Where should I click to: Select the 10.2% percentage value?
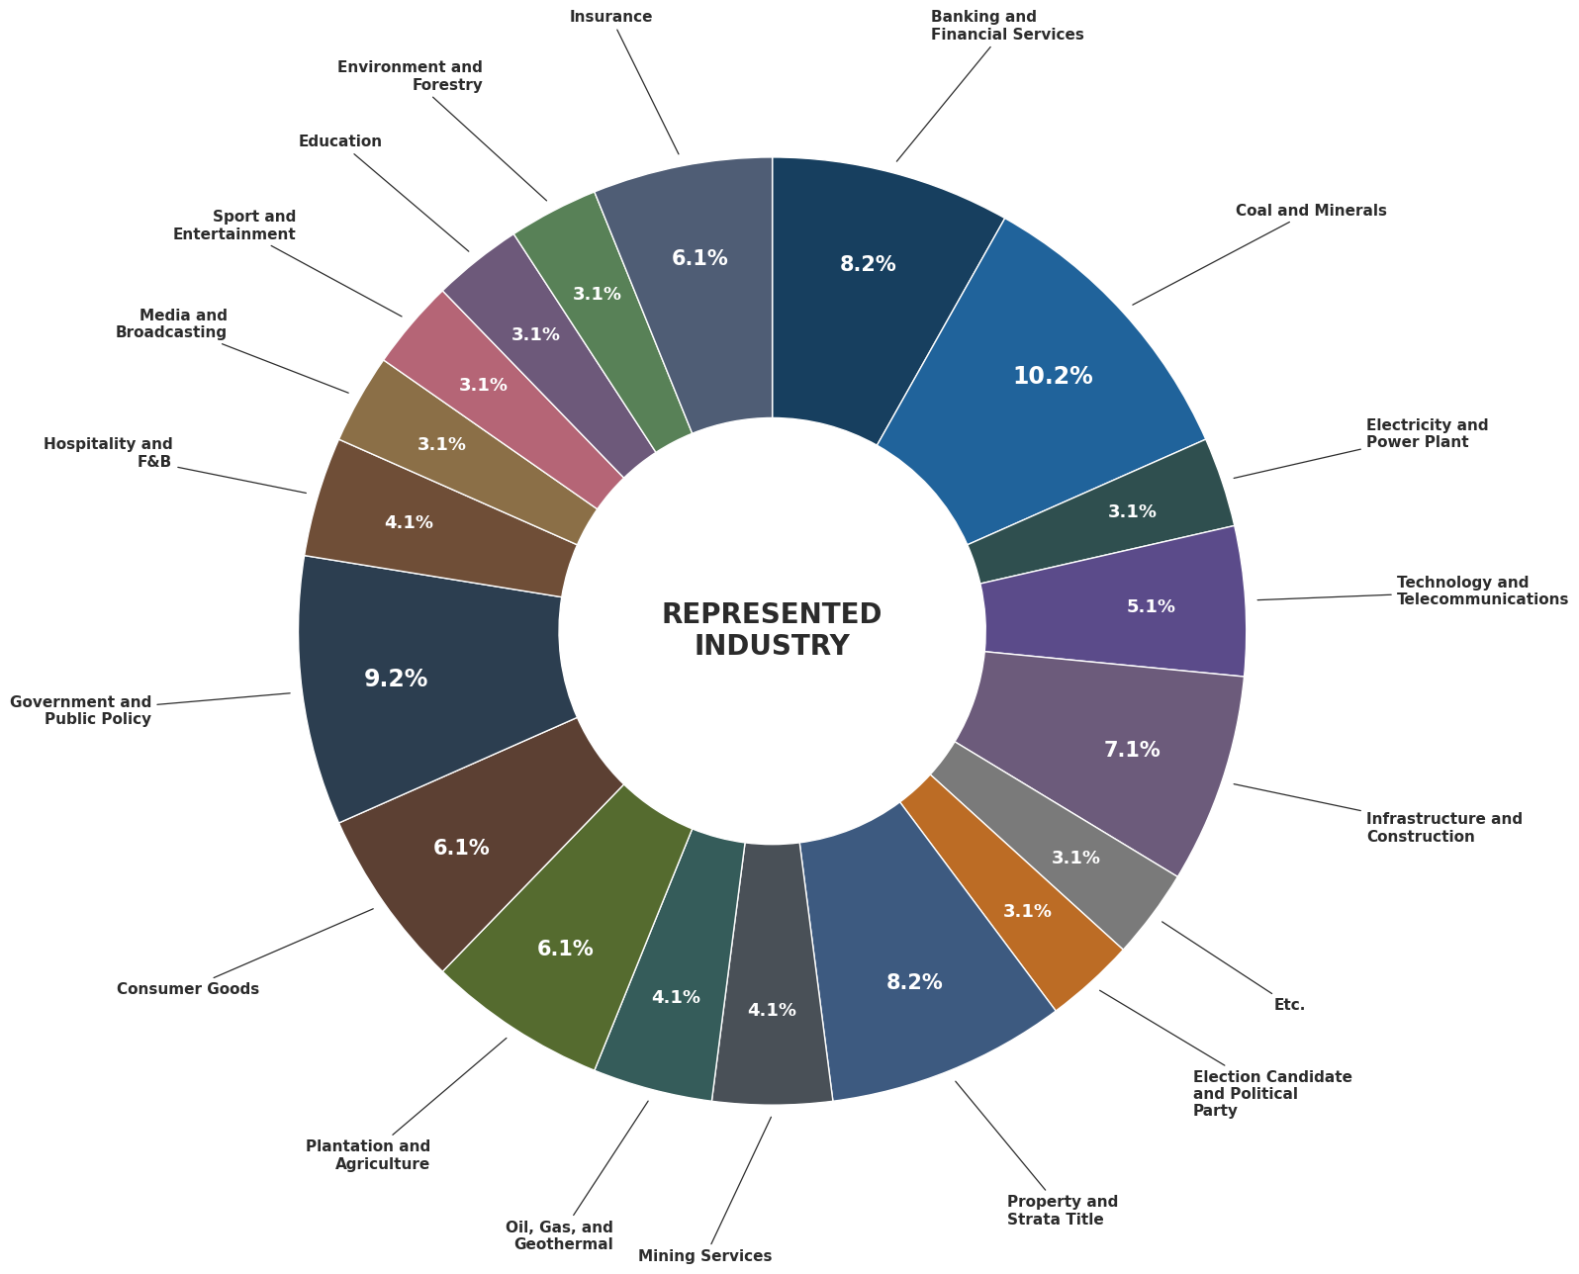pos(1053,376)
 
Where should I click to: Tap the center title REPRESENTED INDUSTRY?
pos(772,630)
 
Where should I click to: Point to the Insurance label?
pos(610,16)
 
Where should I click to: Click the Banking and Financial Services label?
pos(1007,25)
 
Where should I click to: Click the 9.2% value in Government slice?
pos(396,679)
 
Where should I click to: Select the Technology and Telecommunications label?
pos(1481,591)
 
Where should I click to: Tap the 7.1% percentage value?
pos(1132,750)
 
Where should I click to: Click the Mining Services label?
pos(704,1255)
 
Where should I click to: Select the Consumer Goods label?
pos(188,988)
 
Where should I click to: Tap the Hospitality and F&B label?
pos(108,453)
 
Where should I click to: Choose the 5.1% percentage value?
pos(1151,606)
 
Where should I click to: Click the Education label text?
pos(339,140)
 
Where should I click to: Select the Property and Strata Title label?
pos(1062,1210)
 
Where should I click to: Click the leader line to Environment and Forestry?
pos(490,149)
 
